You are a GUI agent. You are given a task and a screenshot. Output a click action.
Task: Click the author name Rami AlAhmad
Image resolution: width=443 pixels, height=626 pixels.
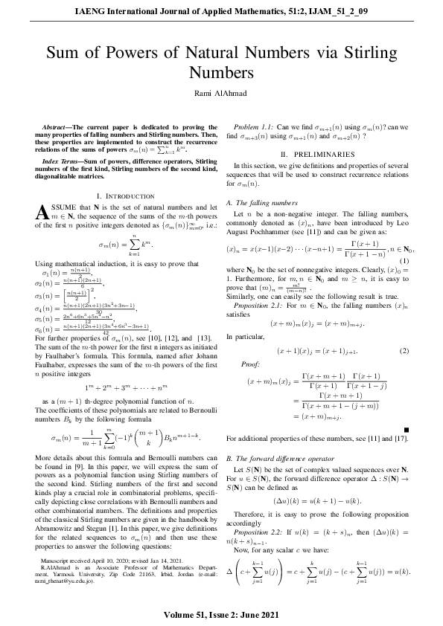[x=221, y=91]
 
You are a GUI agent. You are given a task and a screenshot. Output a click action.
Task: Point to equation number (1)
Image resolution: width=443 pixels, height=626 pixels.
[x=404, y=259]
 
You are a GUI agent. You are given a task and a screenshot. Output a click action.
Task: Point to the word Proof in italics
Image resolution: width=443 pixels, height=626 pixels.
[x=252, y=364]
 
